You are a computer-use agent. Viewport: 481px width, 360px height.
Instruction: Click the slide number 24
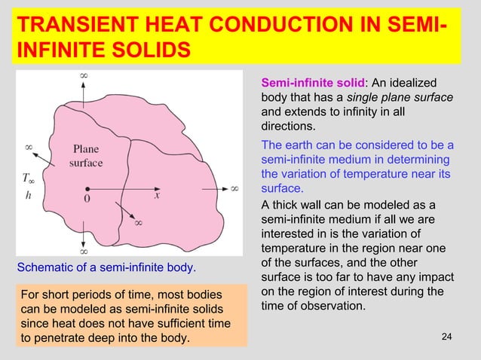coord(446,336)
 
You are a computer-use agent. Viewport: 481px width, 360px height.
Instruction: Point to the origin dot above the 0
coord(88,188)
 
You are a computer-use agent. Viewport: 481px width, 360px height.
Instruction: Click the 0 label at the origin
coord(87,200)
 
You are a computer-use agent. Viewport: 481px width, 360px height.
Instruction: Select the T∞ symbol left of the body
coord(29,178)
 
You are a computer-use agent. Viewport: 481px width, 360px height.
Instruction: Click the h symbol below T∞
coord(28,195)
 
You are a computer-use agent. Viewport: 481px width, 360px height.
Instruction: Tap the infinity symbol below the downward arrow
coord(84,252)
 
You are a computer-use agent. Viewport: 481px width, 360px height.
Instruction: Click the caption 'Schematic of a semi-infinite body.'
coord(106,267)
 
